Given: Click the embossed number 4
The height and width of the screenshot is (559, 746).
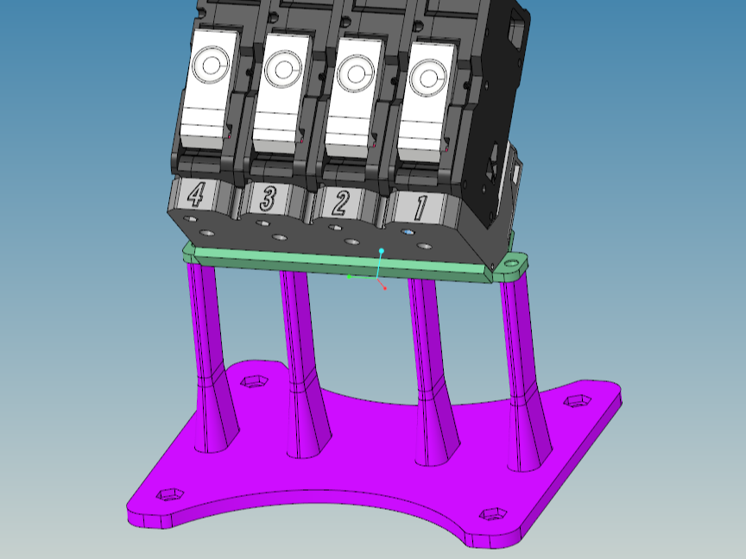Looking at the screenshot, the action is coord(195,194).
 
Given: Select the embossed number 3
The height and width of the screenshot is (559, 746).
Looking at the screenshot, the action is coord(268,198).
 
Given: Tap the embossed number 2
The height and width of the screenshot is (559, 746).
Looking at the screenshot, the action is coord(341,202).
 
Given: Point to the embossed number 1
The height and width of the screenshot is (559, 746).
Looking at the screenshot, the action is coord(420,208).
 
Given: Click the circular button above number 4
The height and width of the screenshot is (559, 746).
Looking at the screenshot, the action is coord(211,64).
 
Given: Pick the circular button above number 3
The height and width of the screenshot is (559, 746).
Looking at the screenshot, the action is coord(283,69).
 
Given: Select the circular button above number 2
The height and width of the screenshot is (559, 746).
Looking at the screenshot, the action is coord(356,73).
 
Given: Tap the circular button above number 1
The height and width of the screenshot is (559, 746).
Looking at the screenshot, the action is coord(428,79).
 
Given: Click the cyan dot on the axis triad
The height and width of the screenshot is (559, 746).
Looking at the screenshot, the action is coord(381,250).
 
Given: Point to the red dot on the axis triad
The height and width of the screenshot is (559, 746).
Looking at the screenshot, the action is coord(385,288).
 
